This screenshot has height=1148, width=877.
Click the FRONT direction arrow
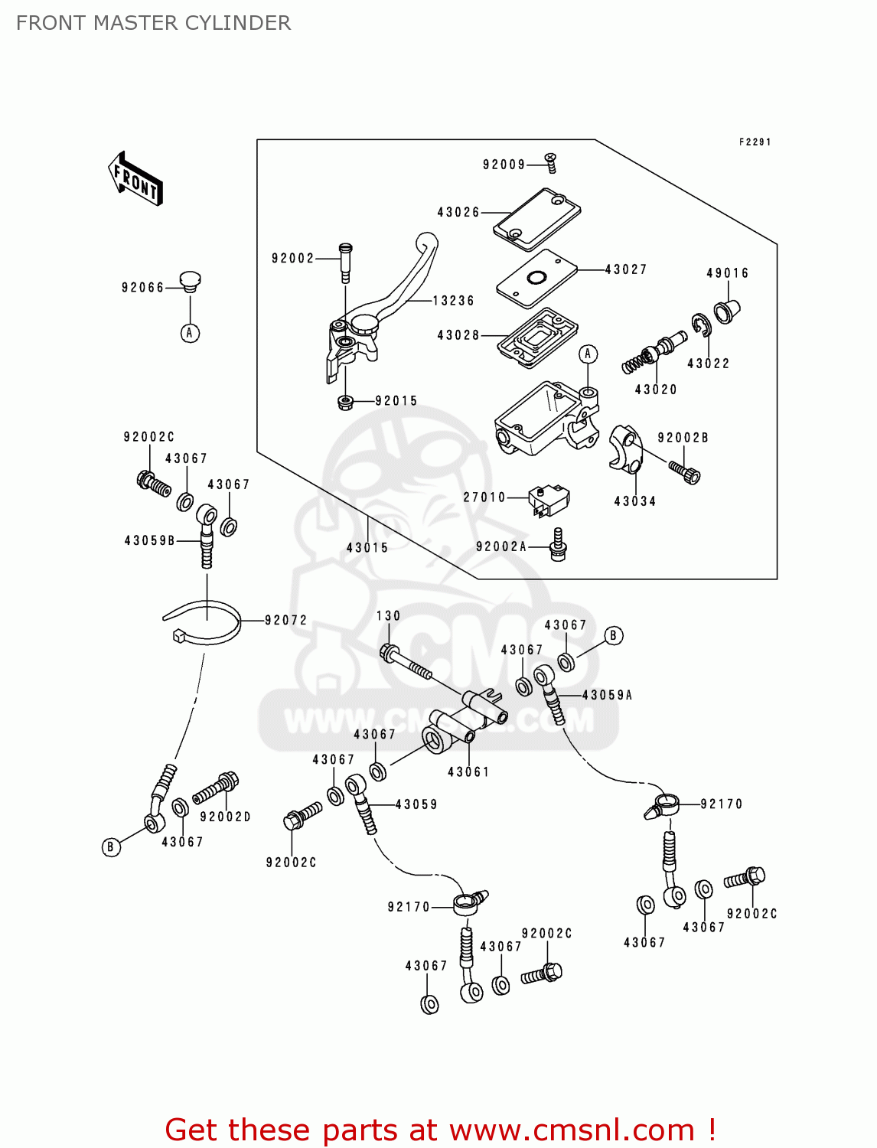click(135, 179)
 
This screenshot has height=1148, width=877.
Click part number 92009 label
click(504, 165)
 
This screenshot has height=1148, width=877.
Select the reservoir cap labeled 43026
click(536, 219)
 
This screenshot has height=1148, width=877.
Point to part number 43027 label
click(626, 269)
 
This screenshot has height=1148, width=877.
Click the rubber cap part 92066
click(190, 281)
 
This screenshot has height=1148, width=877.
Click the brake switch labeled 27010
click(549, 499)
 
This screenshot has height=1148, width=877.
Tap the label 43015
click(367, 548)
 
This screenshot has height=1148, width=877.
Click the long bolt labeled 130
click(406, 664)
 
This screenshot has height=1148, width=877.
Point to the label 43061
click(468, 772)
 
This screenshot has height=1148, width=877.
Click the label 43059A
click(608, 695)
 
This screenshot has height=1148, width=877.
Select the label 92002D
click(225, 817)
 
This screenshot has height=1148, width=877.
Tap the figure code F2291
click(755, 142)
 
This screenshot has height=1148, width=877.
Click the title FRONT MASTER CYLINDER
click(153, 23)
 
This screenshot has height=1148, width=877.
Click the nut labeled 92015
click(344, 401)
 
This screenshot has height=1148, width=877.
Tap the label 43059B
click(150, 540)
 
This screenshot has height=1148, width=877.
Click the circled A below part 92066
click(190, 333)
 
